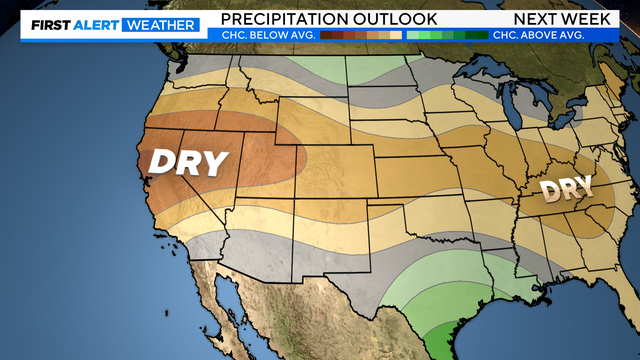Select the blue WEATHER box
click(159, 24)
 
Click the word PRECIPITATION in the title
click(285, 19)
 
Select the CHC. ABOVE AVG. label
click(539, 35)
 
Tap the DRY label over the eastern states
click(566, 188)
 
